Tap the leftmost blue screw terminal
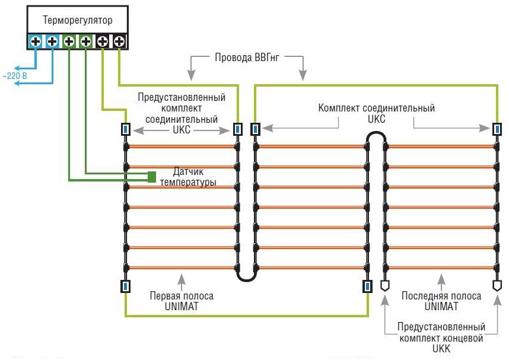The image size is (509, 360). (x=35, y=42)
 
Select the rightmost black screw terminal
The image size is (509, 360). (x=119, y=42)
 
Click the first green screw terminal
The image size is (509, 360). (x=69, y=42)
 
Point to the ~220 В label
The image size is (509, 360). (x=13, y=77)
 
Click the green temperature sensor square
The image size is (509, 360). (x=152, y=176)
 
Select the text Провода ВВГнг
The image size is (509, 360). (x=246, y=58)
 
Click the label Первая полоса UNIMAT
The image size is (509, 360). (x=182, y=301)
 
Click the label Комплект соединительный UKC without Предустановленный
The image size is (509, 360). (x=376, y=113)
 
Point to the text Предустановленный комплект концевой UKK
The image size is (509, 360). (x=441, y=338)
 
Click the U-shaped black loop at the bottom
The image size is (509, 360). (x=246, y=275)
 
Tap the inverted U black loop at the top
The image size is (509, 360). (x=376, y=138)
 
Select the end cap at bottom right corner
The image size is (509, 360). (x=497, y=285)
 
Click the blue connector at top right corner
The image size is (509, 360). (x=497, y=129)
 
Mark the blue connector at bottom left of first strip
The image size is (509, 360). (x=125, y=286)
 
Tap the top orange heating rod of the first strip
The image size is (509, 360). (x=182, y=146)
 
